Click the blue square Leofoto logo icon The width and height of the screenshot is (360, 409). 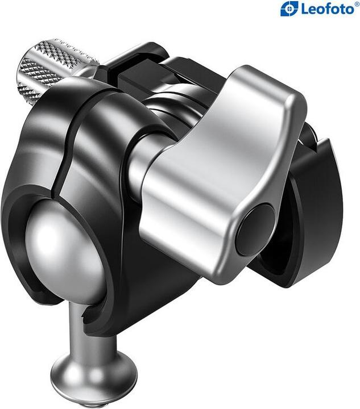pyautogui.click(x=289, y=9)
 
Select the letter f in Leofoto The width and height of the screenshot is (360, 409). pyautogui.click(x=325, y=9)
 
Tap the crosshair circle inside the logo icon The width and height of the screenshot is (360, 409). pyautogui.click(x=289, y=9)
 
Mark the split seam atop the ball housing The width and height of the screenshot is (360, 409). pyautogui.click(x=102, y=91)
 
